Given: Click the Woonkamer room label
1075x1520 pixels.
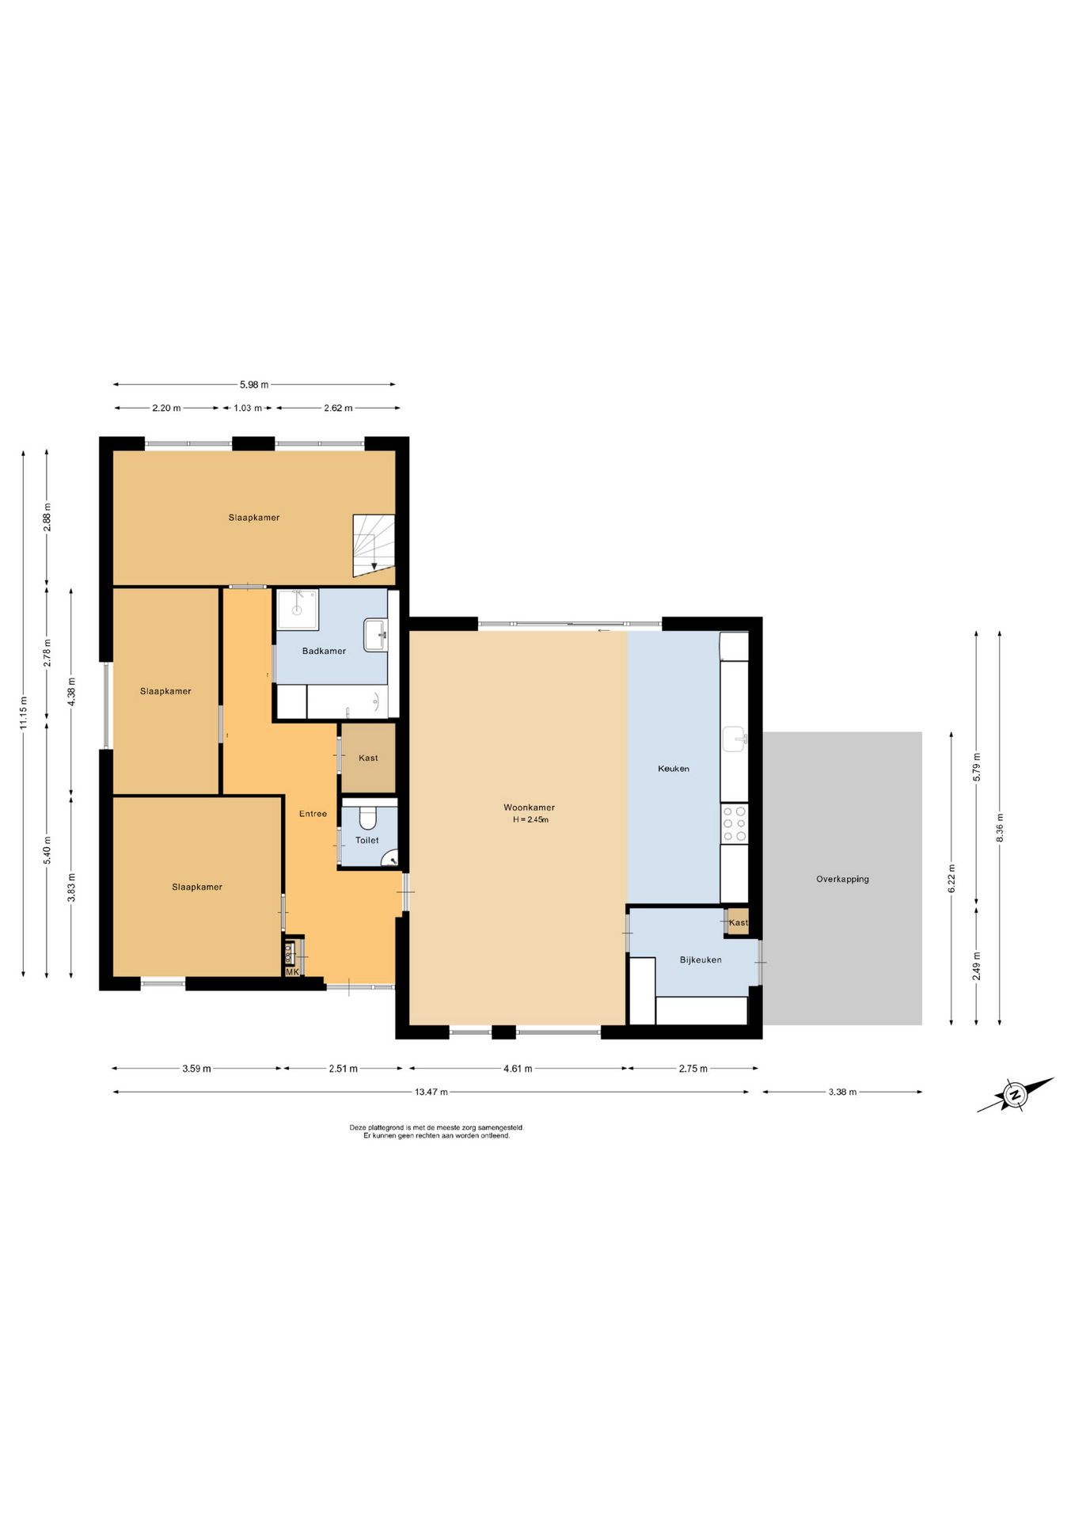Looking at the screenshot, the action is (529, 807).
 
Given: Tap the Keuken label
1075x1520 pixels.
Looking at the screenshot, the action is (674, 769).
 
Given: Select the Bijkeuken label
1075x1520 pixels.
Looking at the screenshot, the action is (701, 960).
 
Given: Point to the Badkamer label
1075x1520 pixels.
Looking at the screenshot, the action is (324, 651).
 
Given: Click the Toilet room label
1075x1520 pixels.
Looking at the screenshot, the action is (367, 840).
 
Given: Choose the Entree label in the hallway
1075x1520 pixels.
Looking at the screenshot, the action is (313, 814).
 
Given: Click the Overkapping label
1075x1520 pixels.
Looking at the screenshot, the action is (842, 879).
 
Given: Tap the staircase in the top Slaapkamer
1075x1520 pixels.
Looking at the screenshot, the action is (374, 545).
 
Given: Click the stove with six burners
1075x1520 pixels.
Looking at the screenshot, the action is (735, 823).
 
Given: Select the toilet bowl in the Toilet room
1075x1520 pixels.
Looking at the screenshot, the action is (368, 817).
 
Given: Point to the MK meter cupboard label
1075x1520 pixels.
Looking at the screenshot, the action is (292, 971).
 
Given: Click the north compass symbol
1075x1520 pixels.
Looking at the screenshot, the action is (1015, 1095).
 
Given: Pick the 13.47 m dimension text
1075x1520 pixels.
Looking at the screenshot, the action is (431, 1092).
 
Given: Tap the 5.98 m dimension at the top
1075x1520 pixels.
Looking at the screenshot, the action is (254, 385).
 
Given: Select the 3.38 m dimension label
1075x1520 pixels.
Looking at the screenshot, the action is (842, 1092).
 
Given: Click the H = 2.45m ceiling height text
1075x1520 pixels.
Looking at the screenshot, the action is (530, 820).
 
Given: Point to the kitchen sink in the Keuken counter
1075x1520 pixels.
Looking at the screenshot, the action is (735, 739).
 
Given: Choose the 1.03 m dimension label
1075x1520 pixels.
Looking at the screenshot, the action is (247, 408).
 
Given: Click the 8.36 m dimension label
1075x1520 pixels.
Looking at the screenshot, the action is (1000, 828).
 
